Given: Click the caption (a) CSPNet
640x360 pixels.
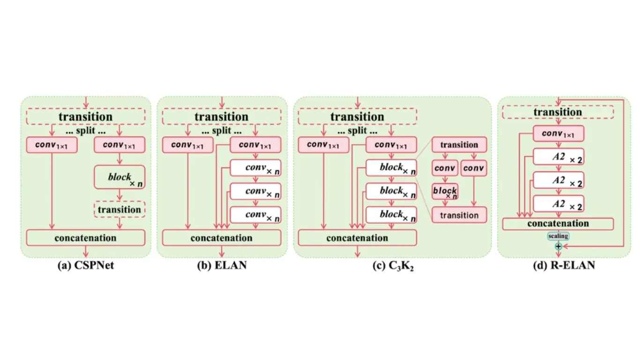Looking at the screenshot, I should (85, 266).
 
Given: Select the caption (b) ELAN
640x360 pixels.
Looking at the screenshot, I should (222, 266).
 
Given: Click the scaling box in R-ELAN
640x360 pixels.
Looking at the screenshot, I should (558, 236).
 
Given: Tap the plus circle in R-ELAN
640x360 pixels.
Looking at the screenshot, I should (558, 246).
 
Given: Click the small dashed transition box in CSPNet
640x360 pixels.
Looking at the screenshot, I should (119, 210).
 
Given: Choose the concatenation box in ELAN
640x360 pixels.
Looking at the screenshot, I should (222, 238).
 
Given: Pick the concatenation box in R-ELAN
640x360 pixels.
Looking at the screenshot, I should (558, 224).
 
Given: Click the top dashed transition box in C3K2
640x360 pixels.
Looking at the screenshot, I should (357, 117).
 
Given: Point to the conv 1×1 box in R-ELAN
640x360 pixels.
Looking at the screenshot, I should (558, 134).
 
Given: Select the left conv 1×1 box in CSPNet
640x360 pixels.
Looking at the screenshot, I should (52, 145).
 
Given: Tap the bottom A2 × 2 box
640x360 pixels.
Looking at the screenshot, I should (558, 203).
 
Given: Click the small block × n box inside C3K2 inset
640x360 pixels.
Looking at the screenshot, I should (445, 192).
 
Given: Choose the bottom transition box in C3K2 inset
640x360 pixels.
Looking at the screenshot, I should (459, 215).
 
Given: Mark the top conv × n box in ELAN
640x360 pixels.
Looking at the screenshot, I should (255, 167).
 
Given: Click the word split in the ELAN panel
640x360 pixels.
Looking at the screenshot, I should (222, 131).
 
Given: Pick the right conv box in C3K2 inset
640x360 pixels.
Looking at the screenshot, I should (473, 168).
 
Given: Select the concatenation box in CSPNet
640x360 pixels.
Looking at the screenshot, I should (86, 238).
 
